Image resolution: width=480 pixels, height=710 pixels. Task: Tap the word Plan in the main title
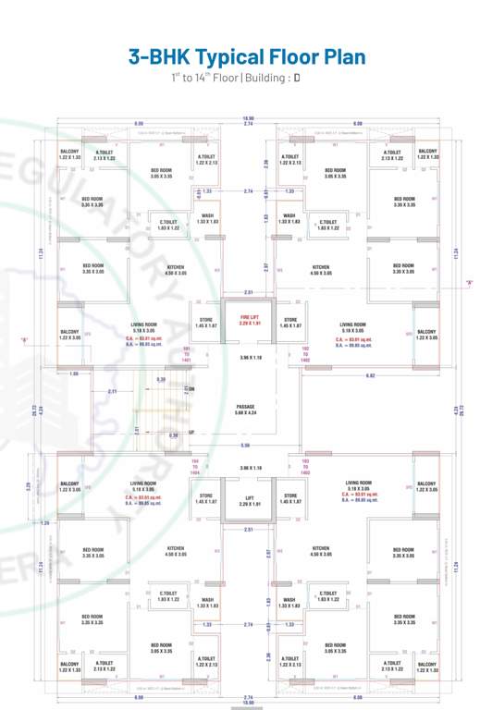[x=336, y=56]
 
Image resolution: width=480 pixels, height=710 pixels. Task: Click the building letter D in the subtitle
[x=297, y=78]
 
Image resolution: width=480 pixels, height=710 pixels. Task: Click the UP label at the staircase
[x=191, y=433]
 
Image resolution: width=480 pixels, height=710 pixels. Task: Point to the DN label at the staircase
[x=191, y=388]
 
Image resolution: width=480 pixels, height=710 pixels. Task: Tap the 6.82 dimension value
[x=370, y=375]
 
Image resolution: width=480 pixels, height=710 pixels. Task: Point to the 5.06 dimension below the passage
[x=245, y=445]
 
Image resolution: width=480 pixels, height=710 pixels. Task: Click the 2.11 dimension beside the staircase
[x=112, y=391]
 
